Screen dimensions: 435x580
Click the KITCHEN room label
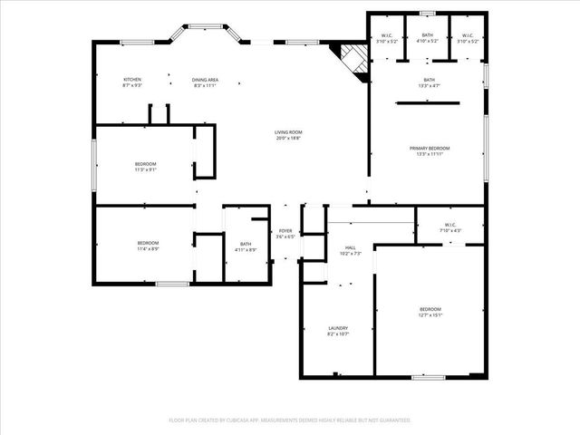(x=132, y=80)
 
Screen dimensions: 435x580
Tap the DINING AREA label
(x=204, y=80)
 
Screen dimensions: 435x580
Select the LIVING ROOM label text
(x=288, y=132)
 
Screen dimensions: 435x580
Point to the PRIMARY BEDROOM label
(x=429, y=148)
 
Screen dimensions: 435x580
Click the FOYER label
(x=285, y=231)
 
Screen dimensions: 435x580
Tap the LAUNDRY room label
(x=337, y=328)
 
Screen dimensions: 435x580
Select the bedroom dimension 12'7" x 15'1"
(x=430, y=315)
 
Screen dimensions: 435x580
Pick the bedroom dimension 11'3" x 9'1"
(x=145, y=169)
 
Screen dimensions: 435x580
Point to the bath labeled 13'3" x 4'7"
(x=429, y=85)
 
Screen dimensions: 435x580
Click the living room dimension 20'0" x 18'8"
(x=288, y=139)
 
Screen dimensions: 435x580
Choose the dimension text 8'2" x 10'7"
(x=337, y=334)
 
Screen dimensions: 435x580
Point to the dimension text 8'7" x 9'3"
(x=132, y=85)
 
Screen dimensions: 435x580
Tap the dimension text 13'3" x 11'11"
(x=429, y=154)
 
